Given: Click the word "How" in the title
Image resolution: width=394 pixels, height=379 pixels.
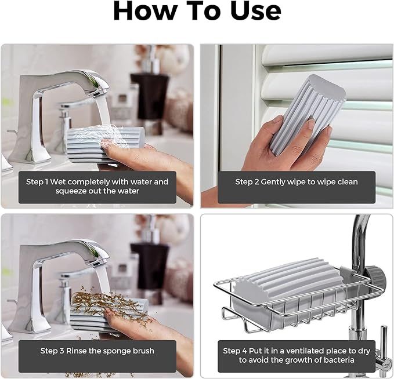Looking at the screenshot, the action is [146, 10].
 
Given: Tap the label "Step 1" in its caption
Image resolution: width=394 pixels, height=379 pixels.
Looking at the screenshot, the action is [37, 182].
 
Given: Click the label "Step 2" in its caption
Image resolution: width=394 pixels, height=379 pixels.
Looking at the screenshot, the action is [247, 182].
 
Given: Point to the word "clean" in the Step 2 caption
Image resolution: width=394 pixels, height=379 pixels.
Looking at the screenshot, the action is [347, 182].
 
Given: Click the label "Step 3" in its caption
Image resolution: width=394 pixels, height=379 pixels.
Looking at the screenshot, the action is [52, 351].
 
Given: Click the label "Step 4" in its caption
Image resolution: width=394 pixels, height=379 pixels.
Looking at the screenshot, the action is [235, 351].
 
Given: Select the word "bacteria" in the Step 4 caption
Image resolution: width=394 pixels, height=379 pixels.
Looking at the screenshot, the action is [339, 360].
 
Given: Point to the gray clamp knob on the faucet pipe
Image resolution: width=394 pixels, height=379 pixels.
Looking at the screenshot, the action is [375, 278].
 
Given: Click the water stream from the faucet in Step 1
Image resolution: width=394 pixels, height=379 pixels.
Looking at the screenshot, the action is [103, 111].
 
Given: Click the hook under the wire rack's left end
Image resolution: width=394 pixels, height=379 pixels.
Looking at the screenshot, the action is [229, 314].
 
